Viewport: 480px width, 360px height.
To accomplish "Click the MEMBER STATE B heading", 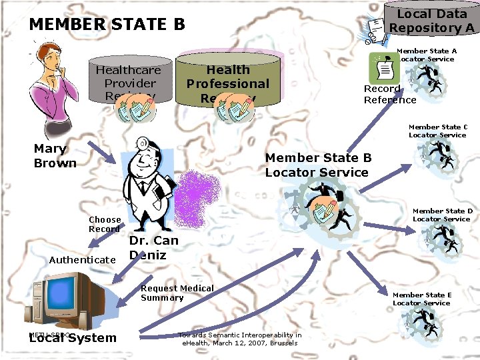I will (107, 25).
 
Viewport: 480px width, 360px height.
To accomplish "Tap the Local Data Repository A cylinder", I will (432, 21).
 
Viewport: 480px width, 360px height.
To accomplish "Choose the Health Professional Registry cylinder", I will (227, 81).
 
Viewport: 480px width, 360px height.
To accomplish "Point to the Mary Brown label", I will (55, 156).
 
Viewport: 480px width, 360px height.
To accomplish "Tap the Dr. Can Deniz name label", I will (153, 247).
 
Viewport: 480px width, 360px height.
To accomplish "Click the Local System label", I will (73, 338).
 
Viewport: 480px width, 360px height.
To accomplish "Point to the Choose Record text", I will (105, 224).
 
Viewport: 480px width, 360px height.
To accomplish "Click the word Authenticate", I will (83, 259).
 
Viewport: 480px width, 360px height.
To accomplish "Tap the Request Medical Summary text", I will (177, 293).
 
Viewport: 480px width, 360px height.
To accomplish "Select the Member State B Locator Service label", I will (317, 165).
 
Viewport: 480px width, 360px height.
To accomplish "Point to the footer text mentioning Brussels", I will (239, 339).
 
